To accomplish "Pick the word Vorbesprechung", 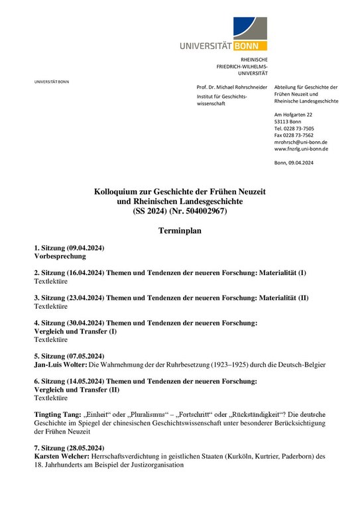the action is (60, 255).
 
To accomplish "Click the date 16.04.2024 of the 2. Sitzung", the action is (84, 272).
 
